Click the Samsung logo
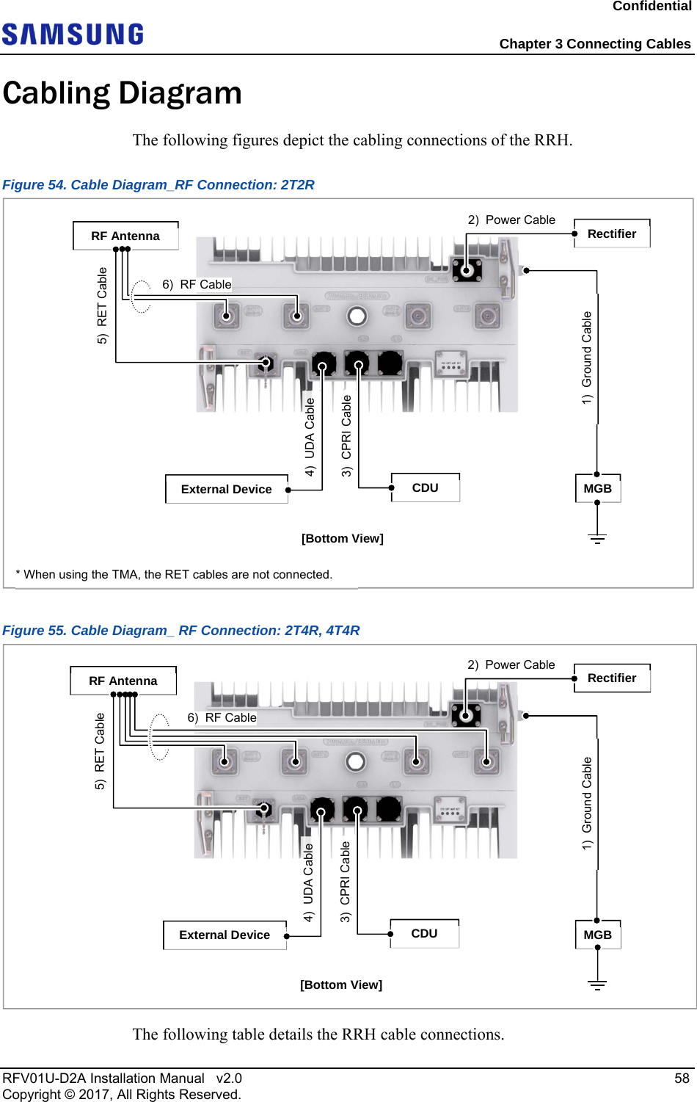coord(73,35)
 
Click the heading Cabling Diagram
coord(123,93)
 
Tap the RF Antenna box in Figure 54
coord(125,236)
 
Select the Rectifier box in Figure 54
coord(612,233)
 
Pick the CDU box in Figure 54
coord(426,487)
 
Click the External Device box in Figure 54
coord(226,489)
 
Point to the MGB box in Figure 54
coord(597,488)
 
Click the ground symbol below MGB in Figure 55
coord(597,985)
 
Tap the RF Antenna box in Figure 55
coord(123,681)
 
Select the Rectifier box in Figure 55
coord(612,678)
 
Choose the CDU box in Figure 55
coord(424,933)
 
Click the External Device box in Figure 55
coord(225,935)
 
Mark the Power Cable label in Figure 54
coord(512,220)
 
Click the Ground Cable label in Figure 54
coord(587,358)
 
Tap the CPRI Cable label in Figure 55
coord(345,882)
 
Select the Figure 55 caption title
coord(181,630)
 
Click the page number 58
coord(682,1078)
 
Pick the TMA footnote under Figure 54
coord(174,574)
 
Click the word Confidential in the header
coord(652,7)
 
